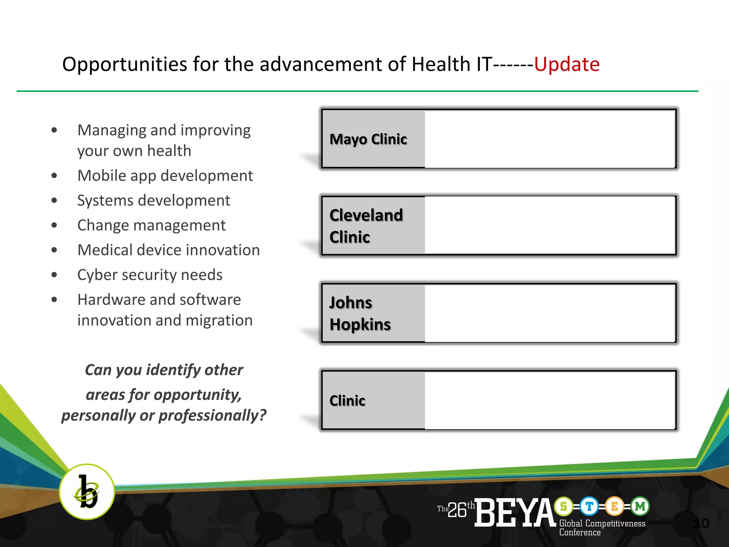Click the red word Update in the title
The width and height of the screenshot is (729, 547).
[x=567, y=65]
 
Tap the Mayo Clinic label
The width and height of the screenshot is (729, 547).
[x=368, y=139]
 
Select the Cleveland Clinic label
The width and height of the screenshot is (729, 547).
[x=366, y=226]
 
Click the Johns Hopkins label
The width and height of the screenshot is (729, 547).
[x=360, y=313]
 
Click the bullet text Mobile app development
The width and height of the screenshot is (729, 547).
[x=165, y=176]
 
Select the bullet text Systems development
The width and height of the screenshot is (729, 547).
[x=154, y=200]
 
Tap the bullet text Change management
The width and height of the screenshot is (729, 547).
[x=151, y=225]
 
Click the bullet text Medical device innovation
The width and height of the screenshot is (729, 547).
[x=168, y=250]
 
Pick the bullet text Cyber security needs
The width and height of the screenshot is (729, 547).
[x=150, y=275]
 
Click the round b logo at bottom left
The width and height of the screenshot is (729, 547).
[x=87, y=492]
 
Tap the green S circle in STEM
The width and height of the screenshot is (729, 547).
[x=563, y=506]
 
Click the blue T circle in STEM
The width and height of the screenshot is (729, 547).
[x=589, y=506]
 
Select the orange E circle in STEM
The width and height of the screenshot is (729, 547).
[x=615, y=506]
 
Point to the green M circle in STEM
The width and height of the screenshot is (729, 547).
[x=640, y=506]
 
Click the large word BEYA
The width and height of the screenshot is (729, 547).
[x=515, y=512]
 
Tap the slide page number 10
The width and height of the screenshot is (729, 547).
[x=701, y=523]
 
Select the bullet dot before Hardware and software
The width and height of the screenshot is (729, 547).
[x=54, y=299]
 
